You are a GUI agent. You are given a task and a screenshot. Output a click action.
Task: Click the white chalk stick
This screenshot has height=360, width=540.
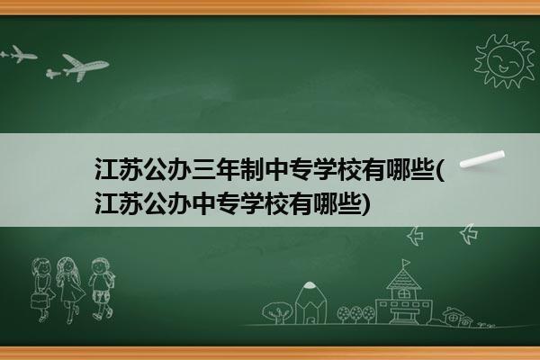(x=482, y=159)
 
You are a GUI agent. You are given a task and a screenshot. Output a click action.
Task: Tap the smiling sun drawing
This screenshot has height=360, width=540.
(x=504, y=61)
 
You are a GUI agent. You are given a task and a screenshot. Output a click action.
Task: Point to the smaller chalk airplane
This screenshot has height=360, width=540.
(x=19, y=54)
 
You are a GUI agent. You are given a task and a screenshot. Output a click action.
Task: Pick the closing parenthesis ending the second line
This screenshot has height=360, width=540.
(x=367, y=204)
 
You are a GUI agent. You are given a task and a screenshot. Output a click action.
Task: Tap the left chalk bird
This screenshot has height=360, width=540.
(x=415, y=236)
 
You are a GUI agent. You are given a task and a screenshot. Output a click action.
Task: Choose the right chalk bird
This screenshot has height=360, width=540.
(x=469, y=234)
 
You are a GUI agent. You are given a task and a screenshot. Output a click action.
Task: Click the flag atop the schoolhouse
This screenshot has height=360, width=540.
(x=407, y=263)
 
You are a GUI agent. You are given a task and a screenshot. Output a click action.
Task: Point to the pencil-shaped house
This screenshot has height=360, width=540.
(x=310, y=302)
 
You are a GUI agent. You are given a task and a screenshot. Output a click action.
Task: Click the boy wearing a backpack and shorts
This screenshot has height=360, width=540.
(x=102, y=288)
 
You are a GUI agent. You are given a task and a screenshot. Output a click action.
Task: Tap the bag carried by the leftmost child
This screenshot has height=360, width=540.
(x=39, y=301)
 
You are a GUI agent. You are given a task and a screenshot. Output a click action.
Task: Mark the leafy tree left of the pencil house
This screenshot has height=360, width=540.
(x=277, y=312)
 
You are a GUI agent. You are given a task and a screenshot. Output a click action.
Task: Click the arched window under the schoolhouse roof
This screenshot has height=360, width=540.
(x=403, y=294)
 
